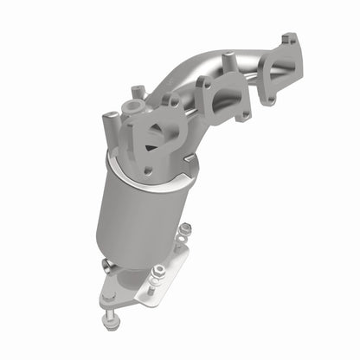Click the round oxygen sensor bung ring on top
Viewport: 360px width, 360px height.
(x=132, y=106)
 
